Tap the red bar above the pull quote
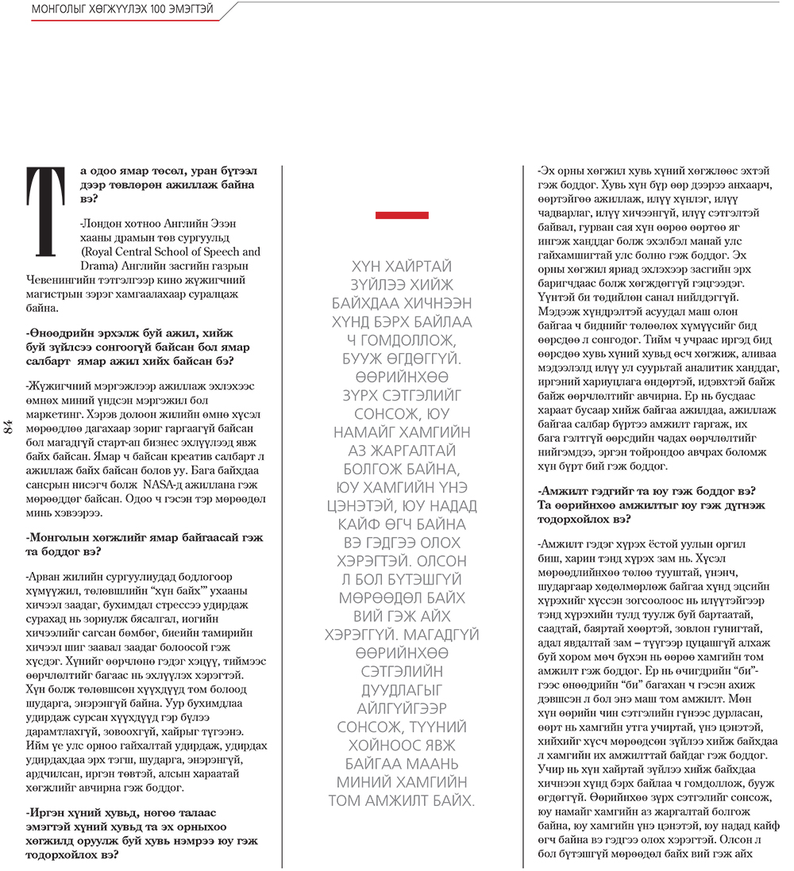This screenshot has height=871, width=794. pos(402,215)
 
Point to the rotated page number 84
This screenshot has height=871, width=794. pos(10,426)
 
